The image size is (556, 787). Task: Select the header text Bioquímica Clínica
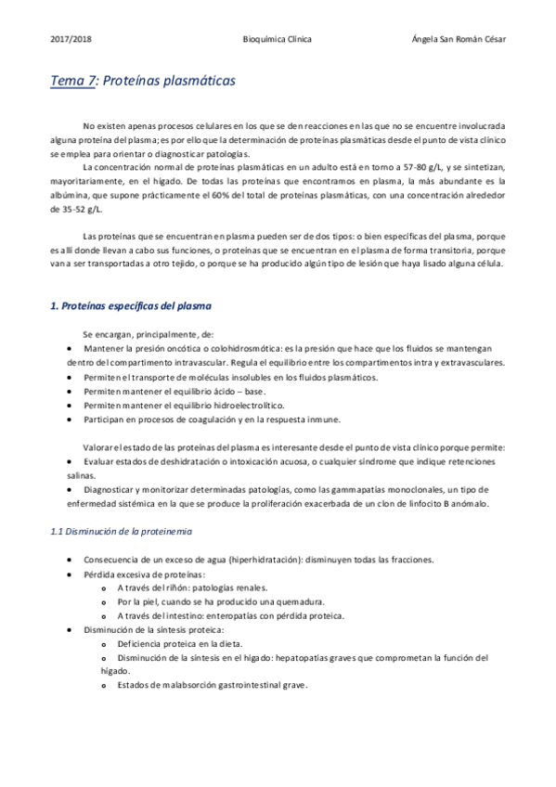(x=277, y=40)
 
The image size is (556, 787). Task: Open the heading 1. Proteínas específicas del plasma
(x=130, y=306)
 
